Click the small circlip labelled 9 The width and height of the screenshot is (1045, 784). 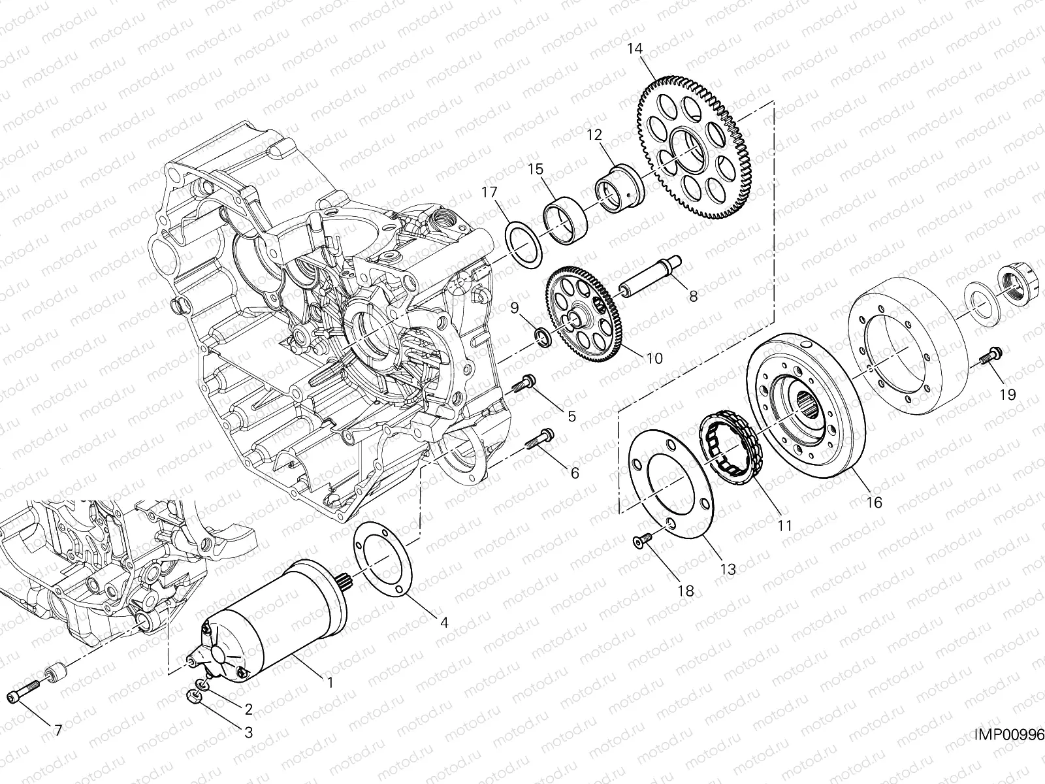pos(542,336)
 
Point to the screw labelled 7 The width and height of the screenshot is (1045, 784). pos(25,694)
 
